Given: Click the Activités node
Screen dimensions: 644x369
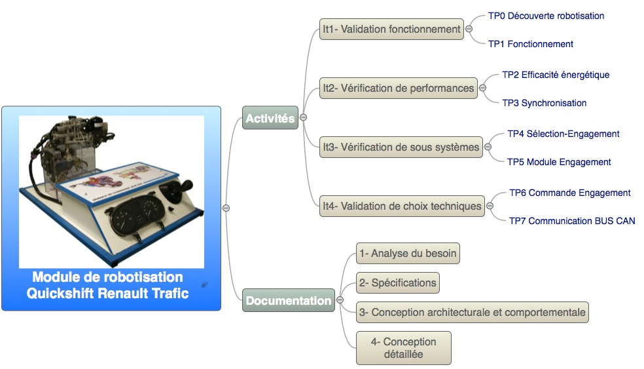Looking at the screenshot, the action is pos(270,118).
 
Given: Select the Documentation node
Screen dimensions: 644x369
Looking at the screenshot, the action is pos(289,300).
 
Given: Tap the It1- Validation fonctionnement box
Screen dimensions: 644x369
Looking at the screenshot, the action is pos(391,29).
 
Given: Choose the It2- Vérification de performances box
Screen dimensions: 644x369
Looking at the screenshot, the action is pos(399,88).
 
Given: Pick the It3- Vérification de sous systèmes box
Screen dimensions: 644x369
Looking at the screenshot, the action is pos(401,147).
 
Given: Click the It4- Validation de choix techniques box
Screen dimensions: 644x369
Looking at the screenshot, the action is pos(402,206).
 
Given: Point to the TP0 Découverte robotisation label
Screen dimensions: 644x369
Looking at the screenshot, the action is pos(546,16).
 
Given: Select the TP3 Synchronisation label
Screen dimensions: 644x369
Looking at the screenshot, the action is pos(545,103).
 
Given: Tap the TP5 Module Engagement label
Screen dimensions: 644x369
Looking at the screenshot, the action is pos(559,162).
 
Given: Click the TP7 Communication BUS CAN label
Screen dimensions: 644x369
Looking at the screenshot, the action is pos(572,221).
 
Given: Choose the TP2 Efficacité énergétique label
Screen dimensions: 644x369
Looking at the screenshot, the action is pos(556,75).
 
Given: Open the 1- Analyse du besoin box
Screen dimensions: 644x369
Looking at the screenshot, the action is pos(408,253).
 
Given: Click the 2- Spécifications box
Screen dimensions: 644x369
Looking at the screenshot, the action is pos(397,282).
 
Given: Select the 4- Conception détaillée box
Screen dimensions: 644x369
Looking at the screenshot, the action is pos(403,348).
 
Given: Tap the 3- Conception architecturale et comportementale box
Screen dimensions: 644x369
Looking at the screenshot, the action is pos(473,312).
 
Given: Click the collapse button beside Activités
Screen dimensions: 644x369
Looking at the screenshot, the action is pos(304,118).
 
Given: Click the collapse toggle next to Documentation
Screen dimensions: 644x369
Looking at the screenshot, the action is pos(340,300).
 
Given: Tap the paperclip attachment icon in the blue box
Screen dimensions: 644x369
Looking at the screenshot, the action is pos(204,284).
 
